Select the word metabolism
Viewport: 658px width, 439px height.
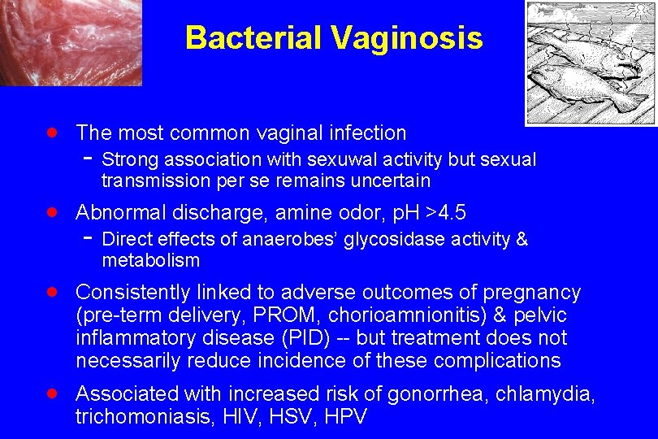(x=150, y=260)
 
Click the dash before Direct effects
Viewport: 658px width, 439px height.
(x=89, y=239)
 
